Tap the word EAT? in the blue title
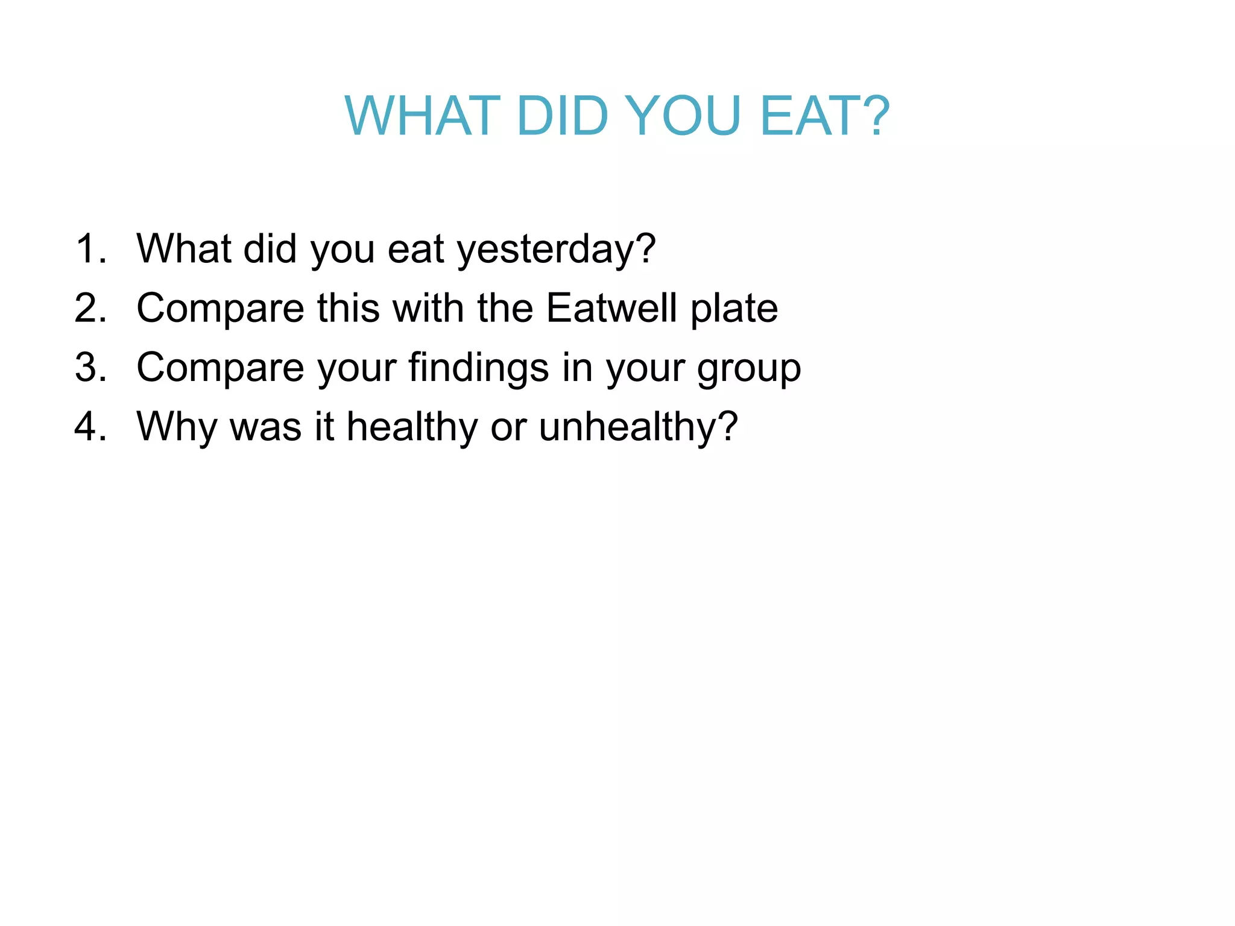825,116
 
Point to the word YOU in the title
682,116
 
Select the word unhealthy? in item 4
638,427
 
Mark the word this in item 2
347,308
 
